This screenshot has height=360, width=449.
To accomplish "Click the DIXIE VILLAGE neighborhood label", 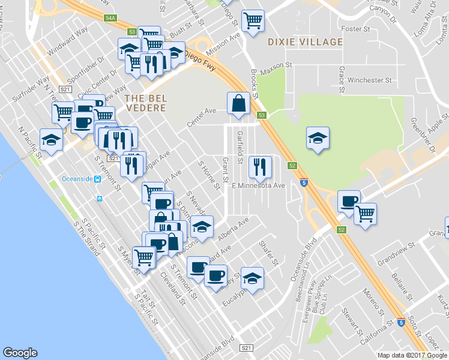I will point(305,42).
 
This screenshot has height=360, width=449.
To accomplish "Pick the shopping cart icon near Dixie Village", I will point(253,21).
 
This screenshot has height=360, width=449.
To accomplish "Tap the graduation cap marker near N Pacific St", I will point(52,140).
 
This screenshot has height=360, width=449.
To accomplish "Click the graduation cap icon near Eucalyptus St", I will point(253,278).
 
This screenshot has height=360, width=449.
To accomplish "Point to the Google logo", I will point(20,353).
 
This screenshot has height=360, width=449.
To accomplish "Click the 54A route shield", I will point(110,18).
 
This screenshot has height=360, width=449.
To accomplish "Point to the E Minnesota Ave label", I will point(258,186).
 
